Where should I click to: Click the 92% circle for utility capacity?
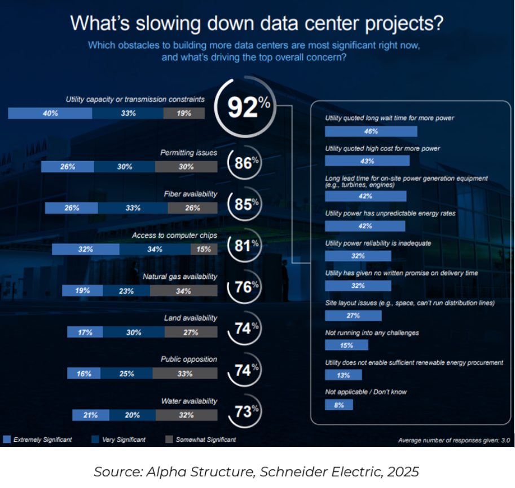(243, 107)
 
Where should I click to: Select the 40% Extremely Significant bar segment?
(50, 113)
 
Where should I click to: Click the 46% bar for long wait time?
(371, 131)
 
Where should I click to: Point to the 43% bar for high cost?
(368, 161)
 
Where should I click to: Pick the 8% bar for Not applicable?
(339, 405)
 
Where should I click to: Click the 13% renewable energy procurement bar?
(344, 375)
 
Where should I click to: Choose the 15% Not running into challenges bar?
(346, 345)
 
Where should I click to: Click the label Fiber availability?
(191, 194)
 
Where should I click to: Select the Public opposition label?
(188, 360)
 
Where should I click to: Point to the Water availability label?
(189, 401)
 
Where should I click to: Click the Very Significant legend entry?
(120, 440)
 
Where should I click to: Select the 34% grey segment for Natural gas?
(183, 291)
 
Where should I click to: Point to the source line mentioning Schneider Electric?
(257, 471)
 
